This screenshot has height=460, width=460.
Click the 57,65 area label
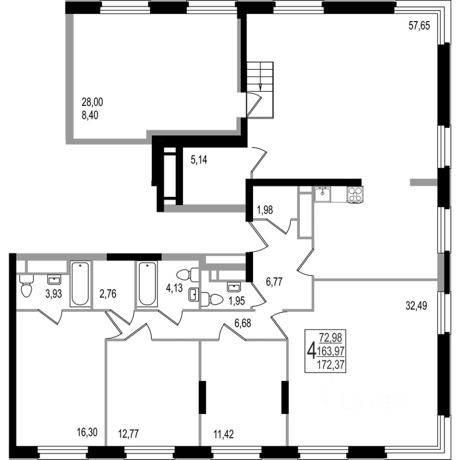coord(419,26)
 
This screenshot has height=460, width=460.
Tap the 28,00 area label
coord(92,103)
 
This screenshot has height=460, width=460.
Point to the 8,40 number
coord(90,115)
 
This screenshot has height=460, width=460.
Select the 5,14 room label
coord(199,160)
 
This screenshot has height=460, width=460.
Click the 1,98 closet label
coord(265,210)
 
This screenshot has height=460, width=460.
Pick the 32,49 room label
coord(416,306)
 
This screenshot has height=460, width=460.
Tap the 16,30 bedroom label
coord(87,432)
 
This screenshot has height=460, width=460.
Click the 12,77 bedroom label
coord(128,433)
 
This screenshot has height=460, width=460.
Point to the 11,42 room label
coord(223,434)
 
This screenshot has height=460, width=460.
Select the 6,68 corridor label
coord(242,323)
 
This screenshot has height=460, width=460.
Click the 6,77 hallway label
coord(274,282)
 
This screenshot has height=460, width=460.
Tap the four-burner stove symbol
coord(355,194)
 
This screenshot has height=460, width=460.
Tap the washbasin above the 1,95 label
coord(234,287)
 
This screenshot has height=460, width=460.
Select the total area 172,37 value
coord(331,366)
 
